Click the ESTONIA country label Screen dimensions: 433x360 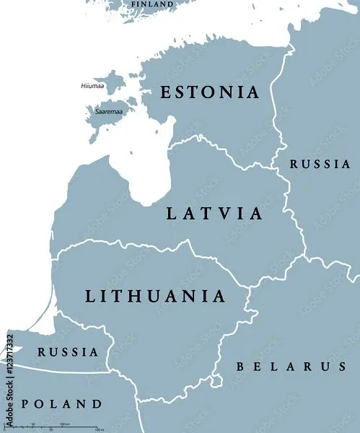208,92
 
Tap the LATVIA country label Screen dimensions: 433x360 214,214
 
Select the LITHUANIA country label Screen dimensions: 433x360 155,296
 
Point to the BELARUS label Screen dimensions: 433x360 291,367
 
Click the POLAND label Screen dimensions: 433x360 61,403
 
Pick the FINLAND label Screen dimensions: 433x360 152,4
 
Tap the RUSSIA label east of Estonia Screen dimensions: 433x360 320,165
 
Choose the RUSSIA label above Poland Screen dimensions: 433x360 68,352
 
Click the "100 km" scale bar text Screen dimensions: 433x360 64,423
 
